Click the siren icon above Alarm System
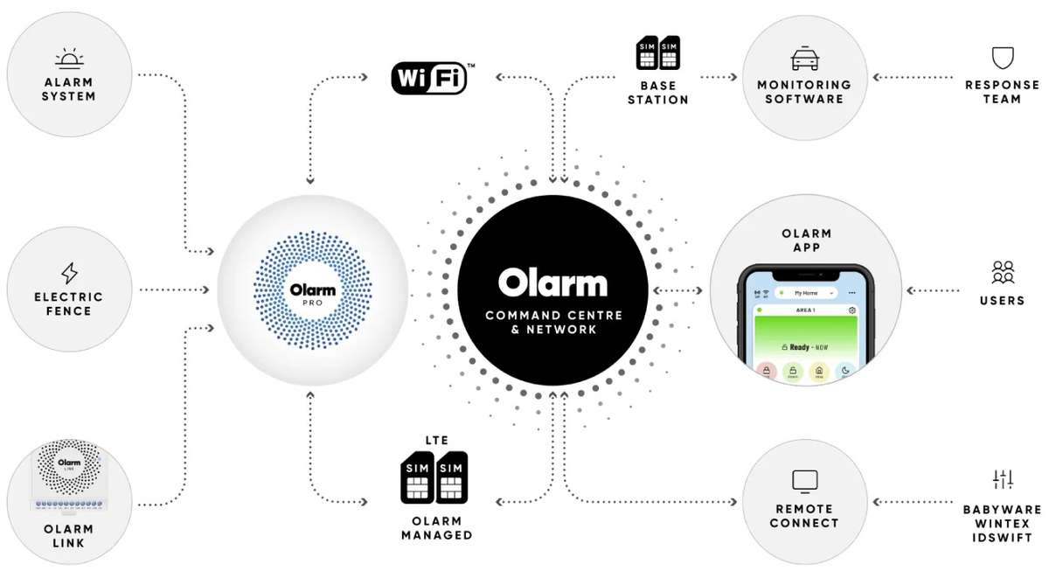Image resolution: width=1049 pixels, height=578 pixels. (68, 59)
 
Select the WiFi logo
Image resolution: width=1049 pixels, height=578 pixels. (429, 77)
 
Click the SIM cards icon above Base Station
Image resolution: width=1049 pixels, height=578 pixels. (657, 52)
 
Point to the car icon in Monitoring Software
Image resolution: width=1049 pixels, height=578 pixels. (803, 59)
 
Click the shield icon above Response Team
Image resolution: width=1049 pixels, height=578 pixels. (1002, 58)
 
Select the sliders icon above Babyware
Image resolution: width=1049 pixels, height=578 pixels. (1002, 479)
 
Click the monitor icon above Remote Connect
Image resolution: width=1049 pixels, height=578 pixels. (803, 480)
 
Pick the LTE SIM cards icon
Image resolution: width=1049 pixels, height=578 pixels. (434, 477)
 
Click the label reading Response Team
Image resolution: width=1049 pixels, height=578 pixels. (1002, 92)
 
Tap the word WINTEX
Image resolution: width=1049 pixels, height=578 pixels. (1002, 523)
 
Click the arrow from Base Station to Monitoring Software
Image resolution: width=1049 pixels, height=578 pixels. (719, 77)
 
